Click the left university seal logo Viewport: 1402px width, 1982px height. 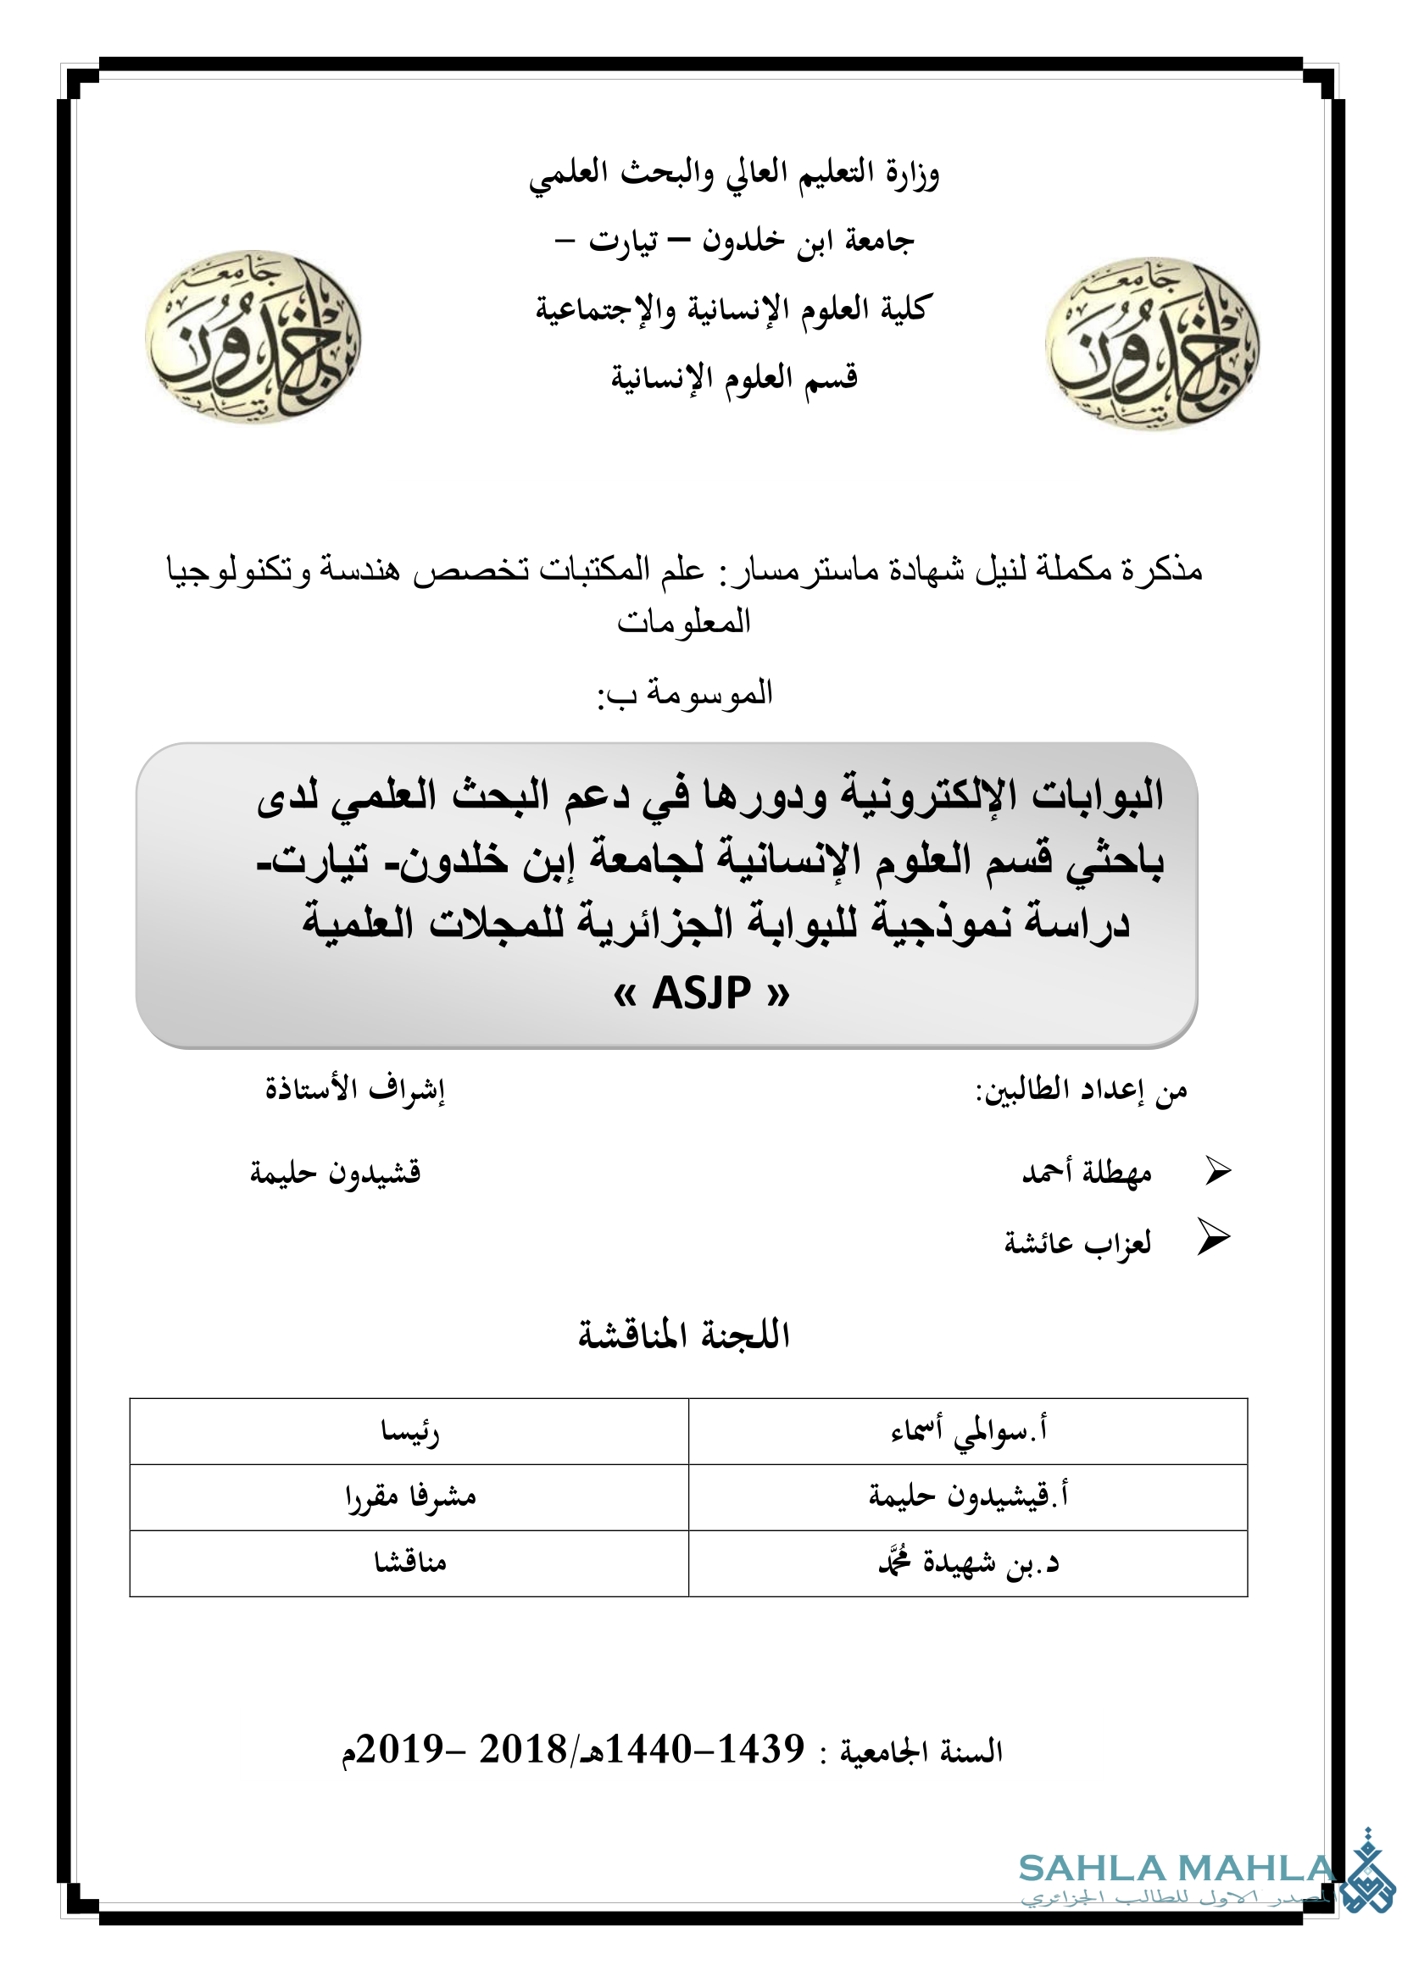pos(252,337)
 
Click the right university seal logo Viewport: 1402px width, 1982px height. pos(1152,344)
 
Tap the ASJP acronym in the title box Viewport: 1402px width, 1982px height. pos(701,994)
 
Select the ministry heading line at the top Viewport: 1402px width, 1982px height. pos(734,174)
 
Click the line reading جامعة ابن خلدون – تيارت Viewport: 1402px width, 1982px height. pos(734,241)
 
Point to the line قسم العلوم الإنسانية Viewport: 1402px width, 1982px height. pos(734,377)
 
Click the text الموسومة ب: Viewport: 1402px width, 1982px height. pos(685,693)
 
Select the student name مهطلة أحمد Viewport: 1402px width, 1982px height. pos(1087,1172)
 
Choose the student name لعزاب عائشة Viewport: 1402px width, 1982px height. pos(1077,1243)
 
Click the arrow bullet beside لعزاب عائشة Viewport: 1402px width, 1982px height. pos(1213,1239)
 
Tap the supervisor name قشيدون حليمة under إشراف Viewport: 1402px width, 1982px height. pos(335,1172)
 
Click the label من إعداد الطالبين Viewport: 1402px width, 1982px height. pos(1081,1091)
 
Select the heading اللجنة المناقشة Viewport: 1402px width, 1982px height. pos(684,1335)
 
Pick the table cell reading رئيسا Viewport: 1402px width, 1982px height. pos(410,1432)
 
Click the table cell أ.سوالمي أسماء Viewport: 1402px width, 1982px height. pos(969,1432)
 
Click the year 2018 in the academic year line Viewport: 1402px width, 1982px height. pos(522,1750)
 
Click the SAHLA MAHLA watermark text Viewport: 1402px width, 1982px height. pos(1177,1869)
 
